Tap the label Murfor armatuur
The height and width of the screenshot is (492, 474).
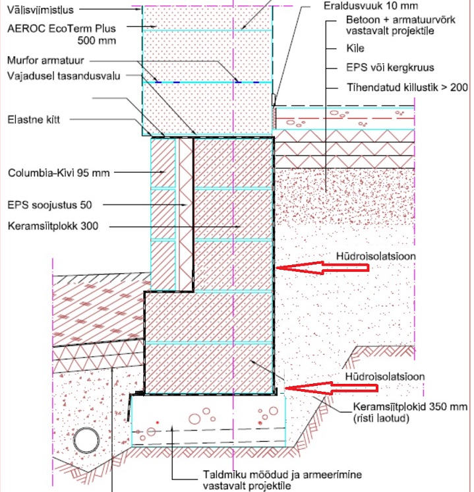[40, 61]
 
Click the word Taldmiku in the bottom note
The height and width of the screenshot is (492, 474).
[219, 474]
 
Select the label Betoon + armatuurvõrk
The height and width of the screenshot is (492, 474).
[394, 20]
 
